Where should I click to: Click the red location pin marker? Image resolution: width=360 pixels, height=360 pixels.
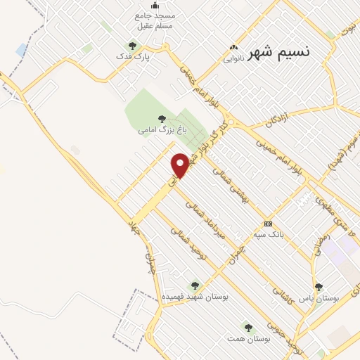click(181, 165)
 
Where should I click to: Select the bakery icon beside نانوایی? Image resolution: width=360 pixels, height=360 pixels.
click(233, 48)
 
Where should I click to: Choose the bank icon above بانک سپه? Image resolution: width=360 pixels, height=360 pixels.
click(267, 224)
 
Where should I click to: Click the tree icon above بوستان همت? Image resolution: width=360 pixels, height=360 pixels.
click(247, 327)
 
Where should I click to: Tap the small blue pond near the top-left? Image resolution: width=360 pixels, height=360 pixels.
click(22, 50)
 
